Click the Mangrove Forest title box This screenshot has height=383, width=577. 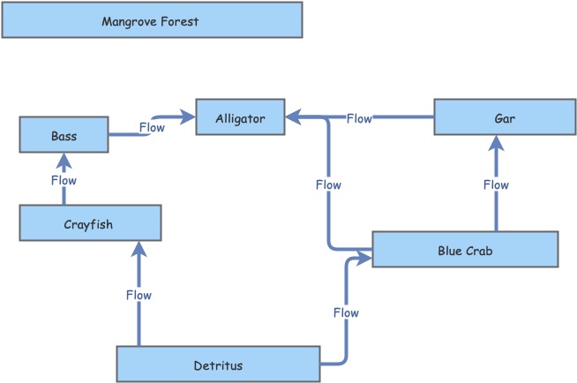tap(152, 19)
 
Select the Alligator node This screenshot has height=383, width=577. tap(240, 117)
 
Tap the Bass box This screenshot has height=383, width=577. tap(64, 136)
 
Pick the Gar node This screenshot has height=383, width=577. tap(496, 117)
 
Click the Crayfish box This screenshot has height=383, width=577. tap(90, 223)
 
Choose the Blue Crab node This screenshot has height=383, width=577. tap(465, 250)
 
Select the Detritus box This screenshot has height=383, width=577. tap(218, 364)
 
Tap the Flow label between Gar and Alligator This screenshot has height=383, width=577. tap(359, 117)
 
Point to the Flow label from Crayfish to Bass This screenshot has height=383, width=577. tap(64, 180)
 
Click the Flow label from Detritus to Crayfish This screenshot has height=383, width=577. tap(139, 294)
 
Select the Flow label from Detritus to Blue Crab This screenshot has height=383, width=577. tap(346, 312)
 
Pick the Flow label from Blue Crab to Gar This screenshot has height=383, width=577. tap(496, 184)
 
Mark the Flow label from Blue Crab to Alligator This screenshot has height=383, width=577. tap(328, 184)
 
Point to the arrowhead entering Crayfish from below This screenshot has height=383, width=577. tap(139, 248)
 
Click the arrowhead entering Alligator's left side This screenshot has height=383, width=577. tap(188, 116)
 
